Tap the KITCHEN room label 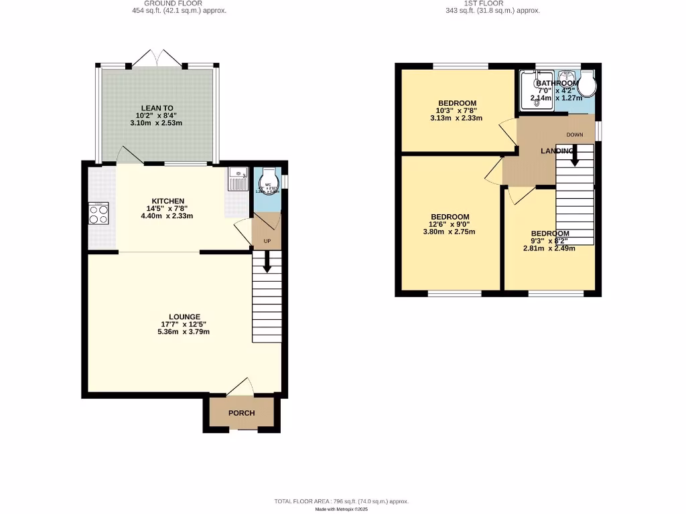pyautogui.click(x=168, y=201)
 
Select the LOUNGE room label pyautogui.click(x=184, y=317)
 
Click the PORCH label pyautogui.click(x=241, y=413)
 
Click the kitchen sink pyautogui.click(x=238, y=179)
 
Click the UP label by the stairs pyautogui.click(x=267, y=240)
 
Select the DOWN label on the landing pyautogui.click(x=575, y=135)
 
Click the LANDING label pyautogui.click(x=557, y=151)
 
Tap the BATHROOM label pyautogui.click(x=557, y=83)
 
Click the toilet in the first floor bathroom pyautogui.click(x=588, y=84)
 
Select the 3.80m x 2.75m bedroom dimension pyautogui.click(x=450, y=232)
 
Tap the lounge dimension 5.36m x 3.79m pyautogui.click(x=184, y=331)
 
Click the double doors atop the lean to pyautogui.click(x=157, y=58)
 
